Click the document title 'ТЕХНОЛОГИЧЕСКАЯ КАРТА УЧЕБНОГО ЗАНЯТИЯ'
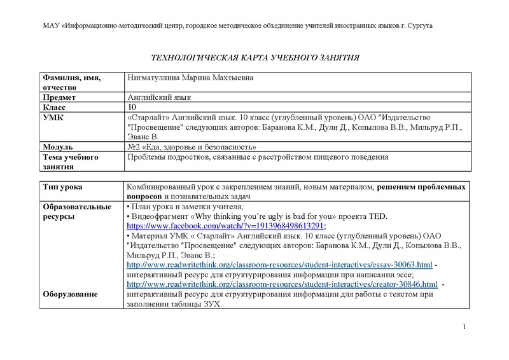pos(254,57)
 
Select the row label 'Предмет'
pos(59,97)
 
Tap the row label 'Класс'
pos(55,108)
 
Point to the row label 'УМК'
pos(52,118)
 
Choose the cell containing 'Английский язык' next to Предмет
pos(159,97)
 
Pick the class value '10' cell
pos(132,108)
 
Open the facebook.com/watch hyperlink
pos(226,226)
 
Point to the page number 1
pos(466,327)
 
